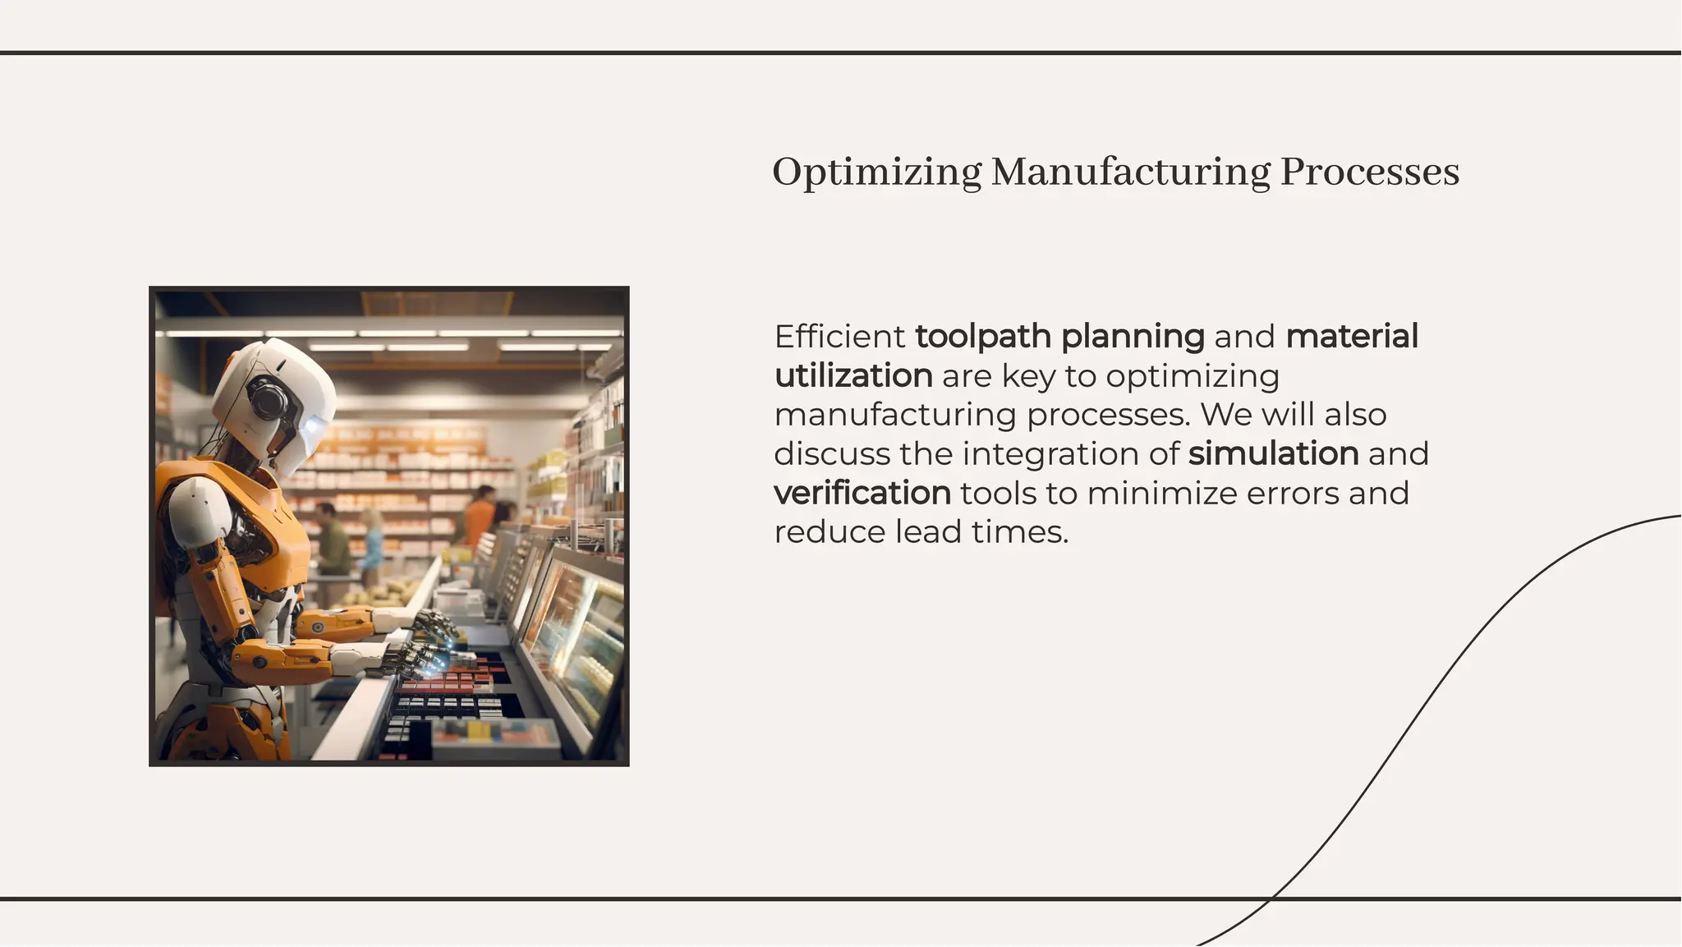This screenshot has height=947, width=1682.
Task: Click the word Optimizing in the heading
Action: (876, 172)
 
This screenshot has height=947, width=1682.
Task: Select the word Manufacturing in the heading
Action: (1131, 172)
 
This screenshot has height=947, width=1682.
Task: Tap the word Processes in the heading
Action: (1369, 172)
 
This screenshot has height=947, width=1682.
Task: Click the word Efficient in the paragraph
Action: (839, 337)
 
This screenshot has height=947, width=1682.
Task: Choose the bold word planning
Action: (1133, 337)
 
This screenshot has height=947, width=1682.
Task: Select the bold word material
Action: (1352, 337)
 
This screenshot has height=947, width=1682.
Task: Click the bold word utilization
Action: (853, 376)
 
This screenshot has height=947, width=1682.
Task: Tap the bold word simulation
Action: (1273, 454)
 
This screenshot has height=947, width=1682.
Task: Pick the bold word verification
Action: (862, 494)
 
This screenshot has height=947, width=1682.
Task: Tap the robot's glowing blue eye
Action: (315, 427)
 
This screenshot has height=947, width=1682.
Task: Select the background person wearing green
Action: (333, 542)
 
